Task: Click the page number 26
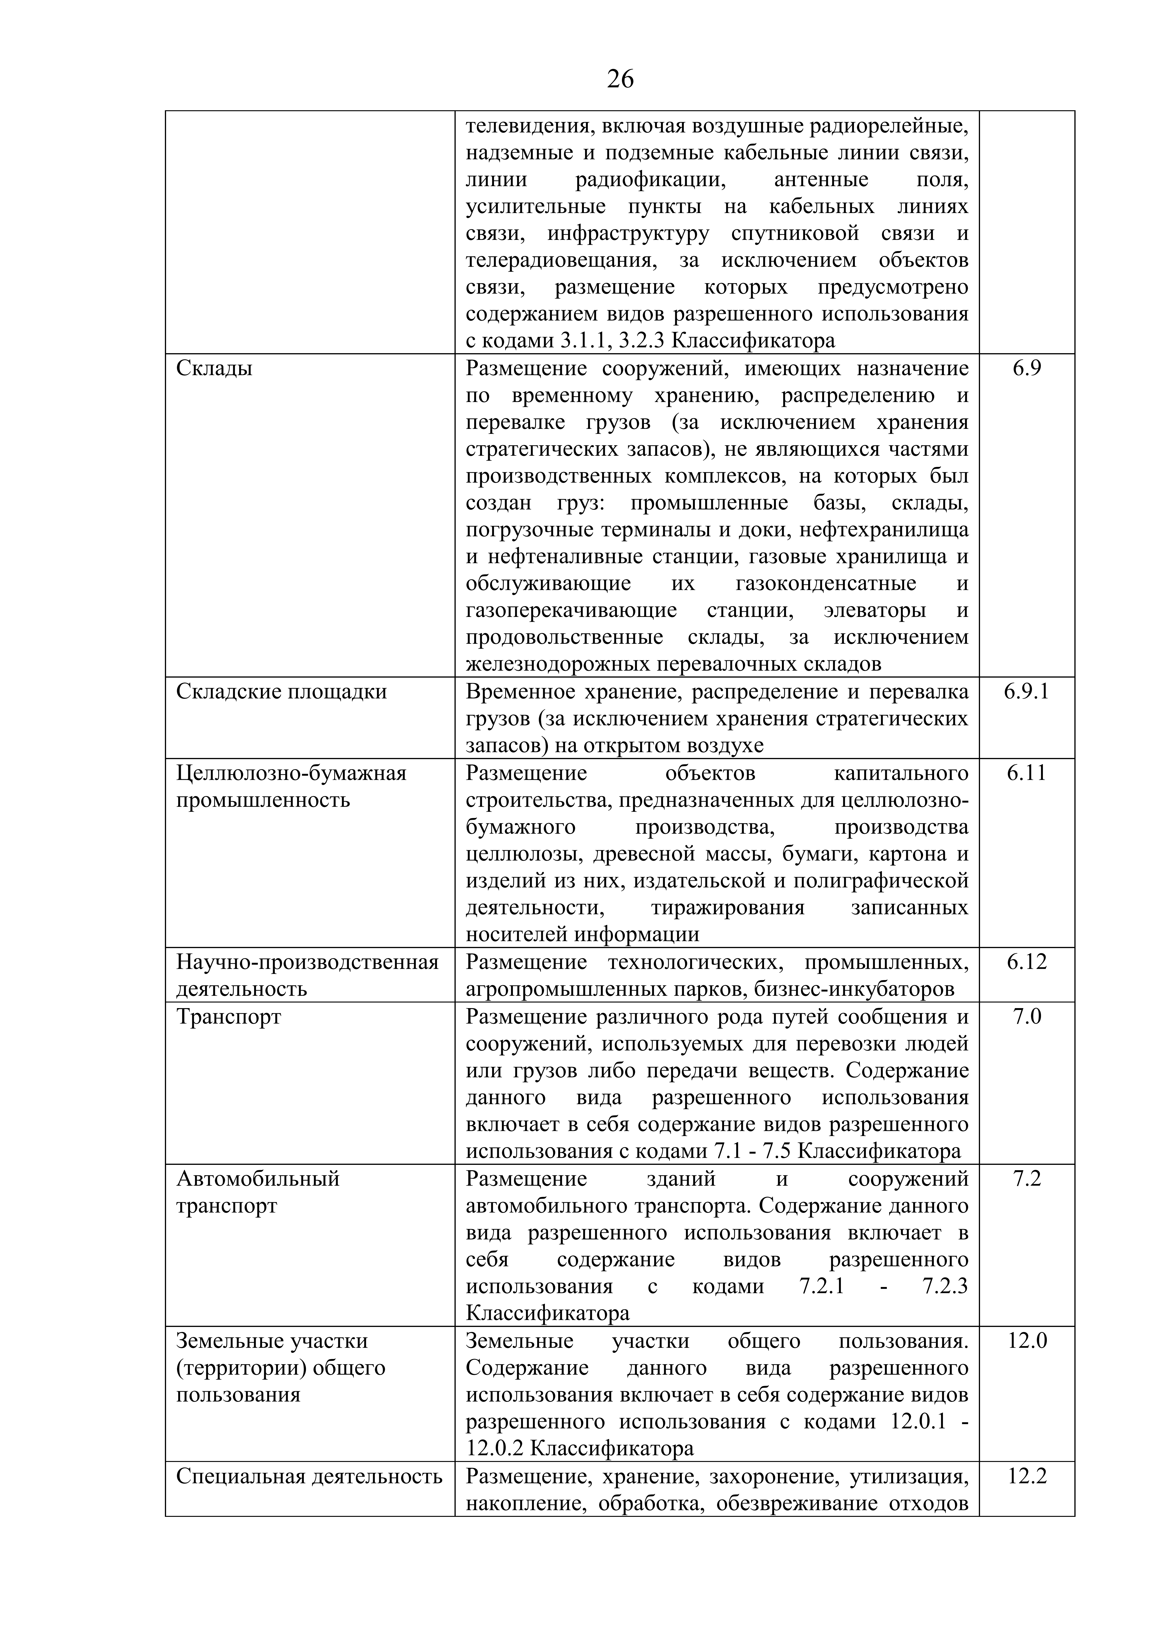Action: (x=620, y=78)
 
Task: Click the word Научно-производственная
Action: (x=307, y=962)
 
